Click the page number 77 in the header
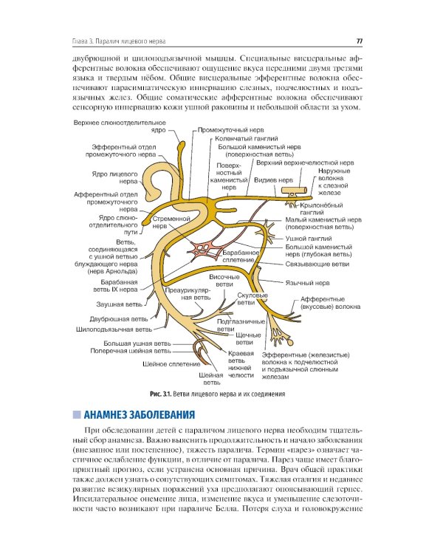359,41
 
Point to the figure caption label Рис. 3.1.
160,394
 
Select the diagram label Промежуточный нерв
228,129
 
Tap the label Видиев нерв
272,179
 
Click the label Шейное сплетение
171,364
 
